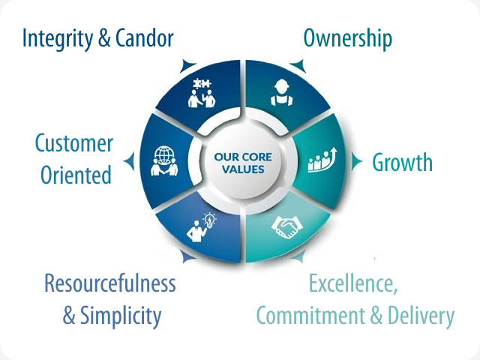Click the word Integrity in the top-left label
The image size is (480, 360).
58,39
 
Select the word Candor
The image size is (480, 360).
145,38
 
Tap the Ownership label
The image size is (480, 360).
348,39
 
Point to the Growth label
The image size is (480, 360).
402,162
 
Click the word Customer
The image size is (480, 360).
74,143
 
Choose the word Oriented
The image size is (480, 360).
76,175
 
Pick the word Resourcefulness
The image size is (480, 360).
110,283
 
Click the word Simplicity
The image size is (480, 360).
121,316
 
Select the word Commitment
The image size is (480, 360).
310,315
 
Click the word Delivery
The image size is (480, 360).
421,316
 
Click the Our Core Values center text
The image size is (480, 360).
243,163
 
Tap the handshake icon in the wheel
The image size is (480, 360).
286,227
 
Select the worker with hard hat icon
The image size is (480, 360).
282,92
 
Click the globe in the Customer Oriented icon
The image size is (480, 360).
163,154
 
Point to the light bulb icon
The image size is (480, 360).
210,220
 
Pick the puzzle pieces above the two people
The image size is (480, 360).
202,83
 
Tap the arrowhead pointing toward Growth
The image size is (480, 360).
356,161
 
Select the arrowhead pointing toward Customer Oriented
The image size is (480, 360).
130,161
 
